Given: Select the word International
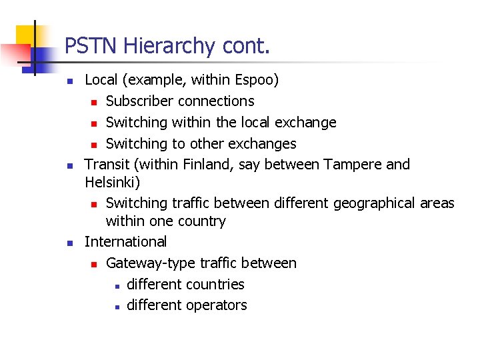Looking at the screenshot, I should (x=125, y=241).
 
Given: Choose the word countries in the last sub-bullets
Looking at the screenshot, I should (x=215, y=284).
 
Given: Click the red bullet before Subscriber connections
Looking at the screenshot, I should (x=95, y=102).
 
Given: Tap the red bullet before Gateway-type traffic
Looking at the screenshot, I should (x=95, y=264).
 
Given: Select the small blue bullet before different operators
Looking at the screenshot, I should (x=116, y=307).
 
